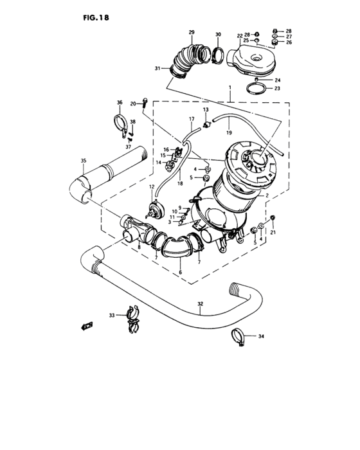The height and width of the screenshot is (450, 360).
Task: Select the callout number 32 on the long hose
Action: (x=200, y=303)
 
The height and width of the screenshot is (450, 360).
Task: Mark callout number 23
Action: (x=278, y=89)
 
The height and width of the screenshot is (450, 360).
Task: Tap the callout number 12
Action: (x=153, y=187)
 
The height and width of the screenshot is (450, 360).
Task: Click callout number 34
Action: (x=261, y=336)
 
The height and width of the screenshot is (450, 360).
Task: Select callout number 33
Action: (x=111, y=316)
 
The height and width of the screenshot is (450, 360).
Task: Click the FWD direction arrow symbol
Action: (x=86, y=326)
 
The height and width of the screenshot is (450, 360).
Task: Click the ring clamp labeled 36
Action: (x=120, y=123)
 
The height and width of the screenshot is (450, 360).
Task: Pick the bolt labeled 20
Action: (x=147, y=101)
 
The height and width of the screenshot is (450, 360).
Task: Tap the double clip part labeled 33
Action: (x=132, y=319)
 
